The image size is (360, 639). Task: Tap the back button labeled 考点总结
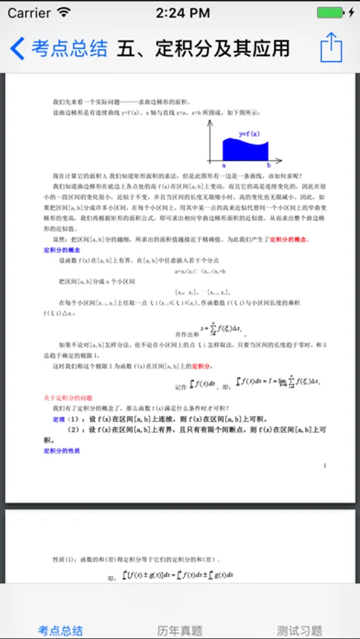point(60,48)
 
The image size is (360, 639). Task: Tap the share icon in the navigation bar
point(331,48)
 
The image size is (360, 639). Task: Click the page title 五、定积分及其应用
point(203,48)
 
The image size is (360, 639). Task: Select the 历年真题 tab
point(180,630)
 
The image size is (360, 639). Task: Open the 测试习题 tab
point(300,630)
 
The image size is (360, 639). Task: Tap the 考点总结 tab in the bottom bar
point(60,630)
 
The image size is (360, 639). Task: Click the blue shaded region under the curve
point(245,150)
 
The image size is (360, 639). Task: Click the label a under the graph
point(224,165)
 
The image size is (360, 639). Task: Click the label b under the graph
point(268,165)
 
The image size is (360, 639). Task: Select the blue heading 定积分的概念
point(62,251)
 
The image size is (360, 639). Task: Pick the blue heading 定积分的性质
point(62,450)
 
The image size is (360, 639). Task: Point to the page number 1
point(324,465)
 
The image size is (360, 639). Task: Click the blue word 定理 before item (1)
point(59,420)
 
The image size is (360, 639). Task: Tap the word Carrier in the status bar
point(29,13)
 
